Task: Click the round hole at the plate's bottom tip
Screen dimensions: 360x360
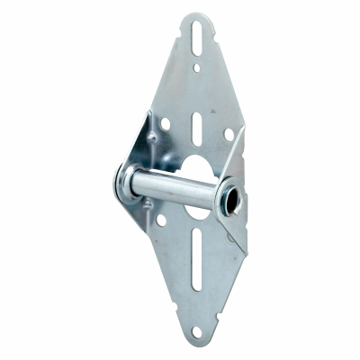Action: pyautogui.click(x=196, y=332)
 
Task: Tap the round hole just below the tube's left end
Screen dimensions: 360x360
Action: pyautogui.click(x=160, y=218)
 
